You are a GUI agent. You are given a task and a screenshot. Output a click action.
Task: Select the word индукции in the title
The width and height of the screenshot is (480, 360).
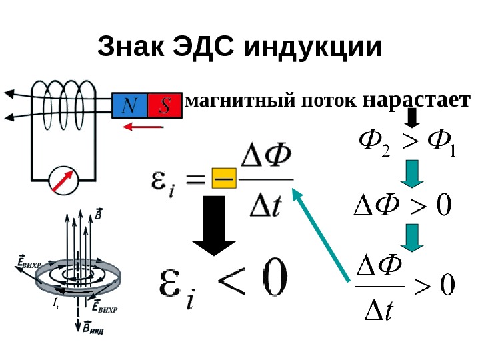[x=313, y=48]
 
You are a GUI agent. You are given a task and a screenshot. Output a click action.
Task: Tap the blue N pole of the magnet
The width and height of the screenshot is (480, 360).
[x=131, y=105]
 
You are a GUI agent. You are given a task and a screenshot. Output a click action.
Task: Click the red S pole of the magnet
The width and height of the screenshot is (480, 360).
[x=165, y=105]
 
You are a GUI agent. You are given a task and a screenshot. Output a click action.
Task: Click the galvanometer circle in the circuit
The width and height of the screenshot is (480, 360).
[x=64, y=179]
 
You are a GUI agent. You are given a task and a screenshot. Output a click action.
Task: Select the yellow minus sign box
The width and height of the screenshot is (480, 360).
[x=223, y=179]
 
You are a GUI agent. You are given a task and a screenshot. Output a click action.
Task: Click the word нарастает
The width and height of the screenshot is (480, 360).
[x=417, y=101]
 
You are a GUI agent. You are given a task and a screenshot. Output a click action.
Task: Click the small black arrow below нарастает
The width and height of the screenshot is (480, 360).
[x=412, y=119]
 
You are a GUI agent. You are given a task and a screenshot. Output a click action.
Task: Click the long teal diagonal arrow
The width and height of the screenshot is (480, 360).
[x=321, y=233]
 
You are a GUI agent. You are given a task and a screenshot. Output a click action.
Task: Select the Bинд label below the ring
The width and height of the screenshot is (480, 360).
[x=94, y=327]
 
